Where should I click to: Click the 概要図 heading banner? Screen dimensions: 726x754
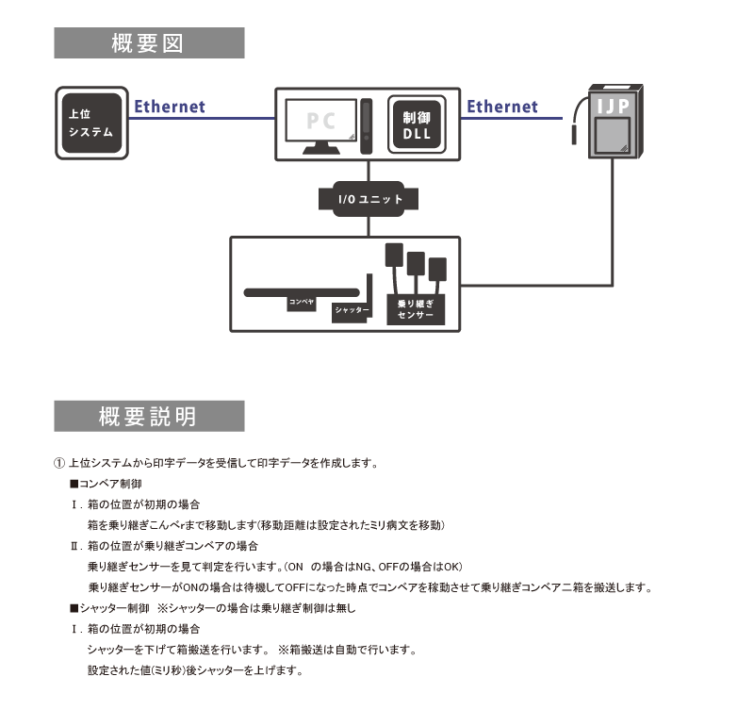pyautogui.click(x=149, y=43)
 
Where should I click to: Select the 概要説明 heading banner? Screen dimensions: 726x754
pyautogui.click(x=149, y=416)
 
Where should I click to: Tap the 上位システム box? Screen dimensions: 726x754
pyautogui.click(x=92, y=124)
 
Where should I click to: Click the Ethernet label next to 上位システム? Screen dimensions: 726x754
pyautogui.click(x=170, y=107)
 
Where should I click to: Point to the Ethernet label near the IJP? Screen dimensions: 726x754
pyautogui.click(x=502, y=107)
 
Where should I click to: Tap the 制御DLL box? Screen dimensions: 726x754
pyautogui.click(x=416, y=124)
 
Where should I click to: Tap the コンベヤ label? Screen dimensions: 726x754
pyautogui.click(x=301, y=303)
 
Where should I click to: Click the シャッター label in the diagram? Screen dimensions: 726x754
pyautogui.click(x=352, y=310)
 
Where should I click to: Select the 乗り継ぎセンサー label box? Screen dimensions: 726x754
pyautogui.click(x=416, y=310)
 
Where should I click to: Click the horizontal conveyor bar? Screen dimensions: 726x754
pyautogui.click(x=302, y=292)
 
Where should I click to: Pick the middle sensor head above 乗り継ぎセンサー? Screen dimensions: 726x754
pyautogui.click(x=416, y=261)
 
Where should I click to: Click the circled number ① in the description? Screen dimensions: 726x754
pyautogui.click(x=59, y=464)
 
